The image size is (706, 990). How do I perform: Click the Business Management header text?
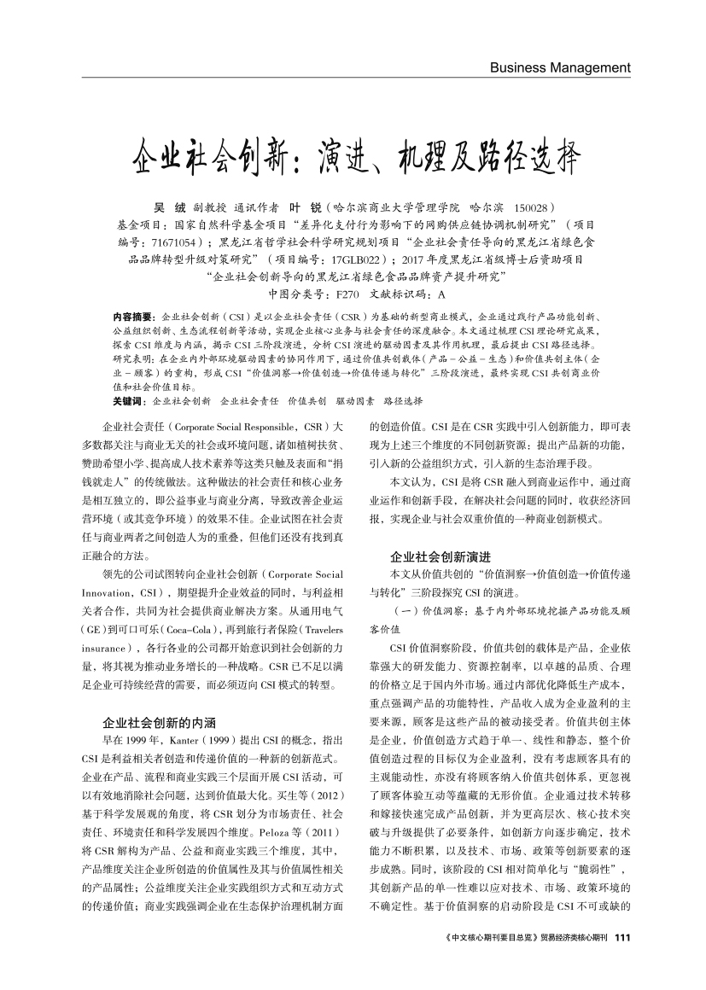click(x=559, y=67)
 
